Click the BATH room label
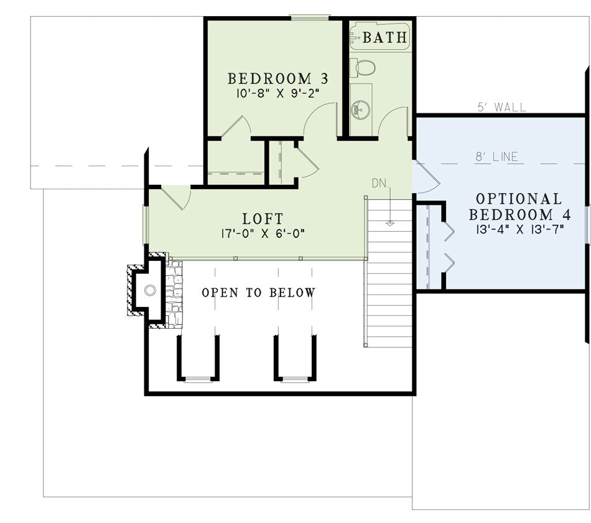(385, 37)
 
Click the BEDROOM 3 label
(278, 78)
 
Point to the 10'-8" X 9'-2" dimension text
(278, 93)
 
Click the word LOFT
(263, 219)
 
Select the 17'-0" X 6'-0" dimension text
(263, 233)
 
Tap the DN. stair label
(380, 184)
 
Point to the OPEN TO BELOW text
(259, 293)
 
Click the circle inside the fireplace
(151, 291)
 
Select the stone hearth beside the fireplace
(174, 294)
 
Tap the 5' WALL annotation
(501, 107)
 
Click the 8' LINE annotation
(497, 157)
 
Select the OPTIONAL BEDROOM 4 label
(519, 207)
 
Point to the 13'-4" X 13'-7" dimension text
(519, 229)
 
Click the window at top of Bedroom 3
(310, 17)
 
